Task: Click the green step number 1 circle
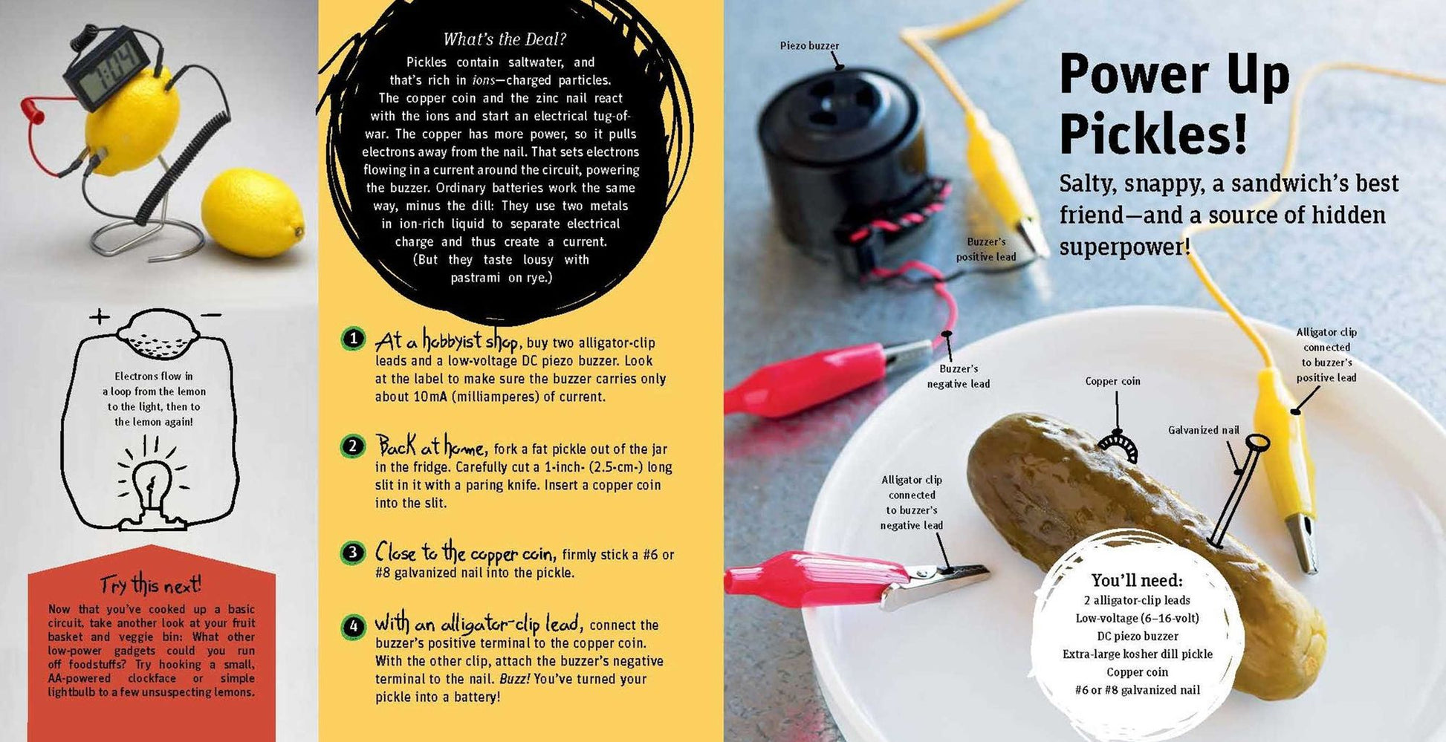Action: (354, 339)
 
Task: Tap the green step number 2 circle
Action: (353, 446)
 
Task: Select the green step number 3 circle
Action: (353, 553)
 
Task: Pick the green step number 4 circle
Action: (354, 627)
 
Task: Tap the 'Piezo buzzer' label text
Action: (809, 46)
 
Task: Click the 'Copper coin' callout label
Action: (1112, 381)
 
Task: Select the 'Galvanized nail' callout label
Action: (1204, 430)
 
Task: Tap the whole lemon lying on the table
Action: (253, 213)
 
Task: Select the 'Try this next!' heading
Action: (151, 585)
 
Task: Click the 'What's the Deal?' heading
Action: (505, 39)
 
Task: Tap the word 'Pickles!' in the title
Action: (1152, 134)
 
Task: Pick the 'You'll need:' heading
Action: (1137, 580)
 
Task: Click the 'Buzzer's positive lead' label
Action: (986, 250)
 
